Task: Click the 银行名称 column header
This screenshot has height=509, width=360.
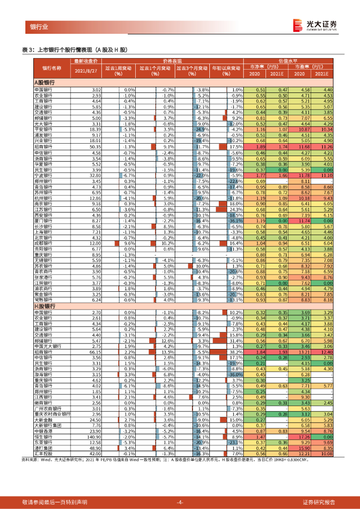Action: tap(52, 68)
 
